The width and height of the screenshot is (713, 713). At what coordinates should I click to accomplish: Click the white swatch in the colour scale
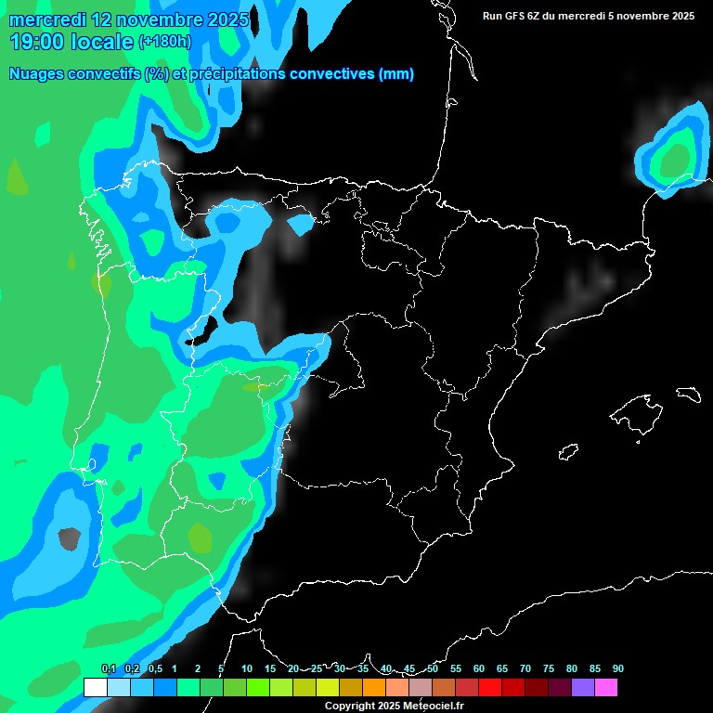95,687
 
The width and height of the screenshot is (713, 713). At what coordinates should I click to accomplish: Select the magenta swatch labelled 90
605,687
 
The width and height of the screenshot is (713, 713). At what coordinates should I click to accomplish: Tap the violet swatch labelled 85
582,687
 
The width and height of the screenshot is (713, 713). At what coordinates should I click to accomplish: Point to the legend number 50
433,668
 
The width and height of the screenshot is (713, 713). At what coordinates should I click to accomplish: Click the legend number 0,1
108,668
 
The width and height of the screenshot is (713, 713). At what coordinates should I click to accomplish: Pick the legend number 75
549,668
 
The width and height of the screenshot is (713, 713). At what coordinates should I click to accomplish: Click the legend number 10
247,668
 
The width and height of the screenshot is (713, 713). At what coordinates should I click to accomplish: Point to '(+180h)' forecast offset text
164,41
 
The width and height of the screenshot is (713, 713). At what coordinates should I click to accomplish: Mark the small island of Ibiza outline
568,452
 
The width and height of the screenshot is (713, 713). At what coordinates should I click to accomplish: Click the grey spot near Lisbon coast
68,537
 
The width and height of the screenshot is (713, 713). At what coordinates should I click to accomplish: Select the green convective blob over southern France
674,156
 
